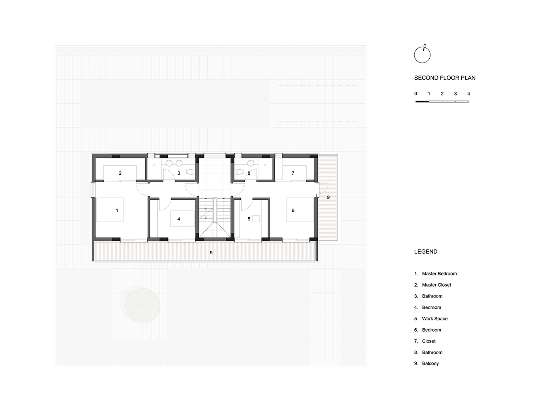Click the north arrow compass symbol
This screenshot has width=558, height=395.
coord(422,55)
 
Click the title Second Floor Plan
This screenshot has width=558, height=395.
coord(445,78)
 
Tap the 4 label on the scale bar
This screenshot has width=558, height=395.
coord(468,94)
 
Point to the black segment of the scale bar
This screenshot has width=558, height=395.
coord(422,102)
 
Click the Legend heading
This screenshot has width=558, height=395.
coord(426,252)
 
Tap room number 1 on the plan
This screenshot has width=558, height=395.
coord(117,211)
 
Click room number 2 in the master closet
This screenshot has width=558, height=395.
coord(120,173)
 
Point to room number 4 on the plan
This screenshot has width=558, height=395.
coord(179,219)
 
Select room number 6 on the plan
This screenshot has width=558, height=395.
coord(293,211)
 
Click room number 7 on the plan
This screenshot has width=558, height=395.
coord(293,173)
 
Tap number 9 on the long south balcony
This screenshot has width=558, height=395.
coord(211,253)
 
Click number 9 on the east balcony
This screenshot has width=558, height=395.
coord(328,197)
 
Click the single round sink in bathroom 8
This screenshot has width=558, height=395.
coord(251,164)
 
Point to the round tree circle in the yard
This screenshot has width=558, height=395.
coord(142,306)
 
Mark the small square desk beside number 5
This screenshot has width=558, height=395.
coord(256,219)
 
